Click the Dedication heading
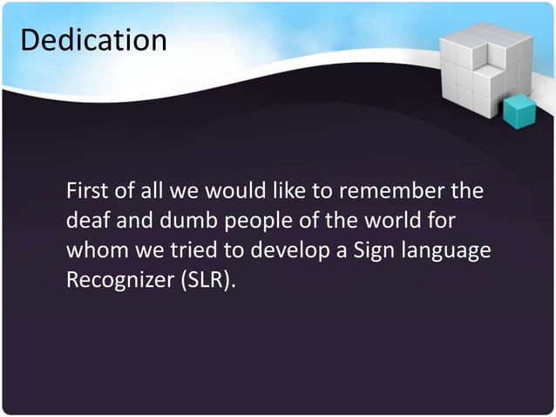click(92, 40)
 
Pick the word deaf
click(86, 220)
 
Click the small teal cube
click(521, 111)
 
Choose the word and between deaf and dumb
click(132, 220)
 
